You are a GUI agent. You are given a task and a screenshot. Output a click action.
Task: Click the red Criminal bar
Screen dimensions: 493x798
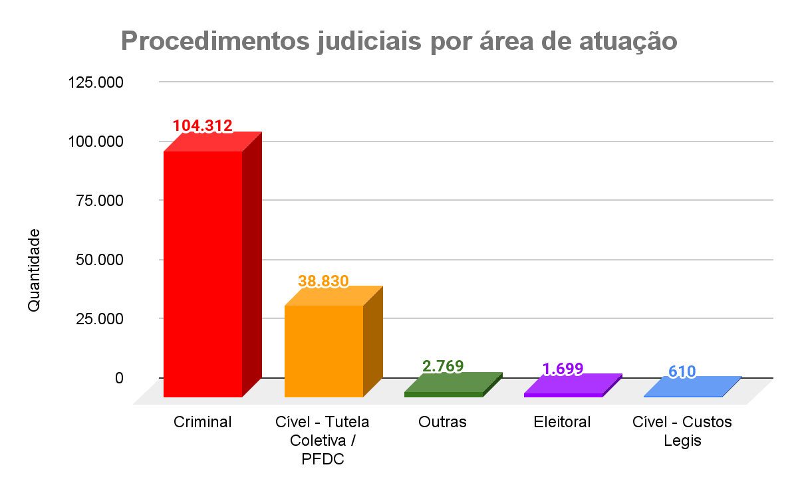(x=203, y=272)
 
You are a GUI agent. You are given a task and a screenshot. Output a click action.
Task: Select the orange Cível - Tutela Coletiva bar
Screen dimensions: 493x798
(x=324, y=350)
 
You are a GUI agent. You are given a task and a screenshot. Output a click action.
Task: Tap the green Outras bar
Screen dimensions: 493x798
(x=444, y=394)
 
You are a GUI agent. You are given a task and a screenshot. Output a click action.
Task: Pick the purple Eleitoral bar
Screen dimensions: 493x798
(x=564, y=395)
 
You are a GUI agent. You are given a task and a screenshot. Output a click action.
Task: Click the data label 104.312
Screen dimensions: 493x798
(x=202, y=126)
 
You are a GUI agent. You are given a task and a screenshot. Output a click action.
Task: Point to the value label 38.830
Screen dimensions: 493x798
(x=323, y=280)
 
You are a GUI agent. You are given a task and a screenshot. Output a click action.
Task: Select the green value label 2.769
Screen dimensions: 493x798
(x=443, y=365)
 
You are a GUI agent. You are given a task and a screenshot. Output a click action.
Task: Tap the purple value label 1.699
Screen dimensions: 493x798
(x=563, y=369)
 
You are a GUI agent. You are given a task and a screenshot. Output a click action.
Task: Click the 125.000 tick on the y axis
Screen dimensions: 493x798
(x=96, y=83)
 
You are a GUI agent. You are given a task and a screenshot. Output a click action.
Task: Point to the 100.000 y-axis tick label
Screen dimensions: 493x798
(x=96, y=142)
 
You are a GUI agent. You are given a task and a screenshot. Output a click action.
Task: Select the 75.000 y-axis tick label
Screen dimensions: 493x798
(x=100, y=201)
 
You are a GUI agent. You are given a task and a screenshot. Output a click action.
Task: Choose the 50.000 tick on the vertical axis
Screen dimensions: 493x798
(x=100, y=260)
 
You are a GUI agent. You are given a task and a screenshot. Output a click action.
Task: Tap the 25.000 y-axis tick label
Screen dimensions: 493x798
(x=100, y=318)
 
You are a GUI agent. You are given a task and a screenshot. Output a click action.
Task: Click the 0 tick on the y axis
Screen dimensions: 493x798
(x=119, y=377)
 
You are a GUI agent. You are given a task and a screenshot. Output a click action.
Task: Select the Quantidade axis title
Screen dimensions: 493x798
(x=34, y=269)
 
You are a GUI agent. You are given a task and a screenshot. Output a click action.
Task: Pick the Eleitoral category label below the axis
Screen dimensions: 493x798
(x=562, y=422)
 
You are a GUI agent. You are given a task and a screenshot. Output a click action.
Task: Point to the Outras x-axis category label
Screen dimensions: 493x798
(x=443, y=422)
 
